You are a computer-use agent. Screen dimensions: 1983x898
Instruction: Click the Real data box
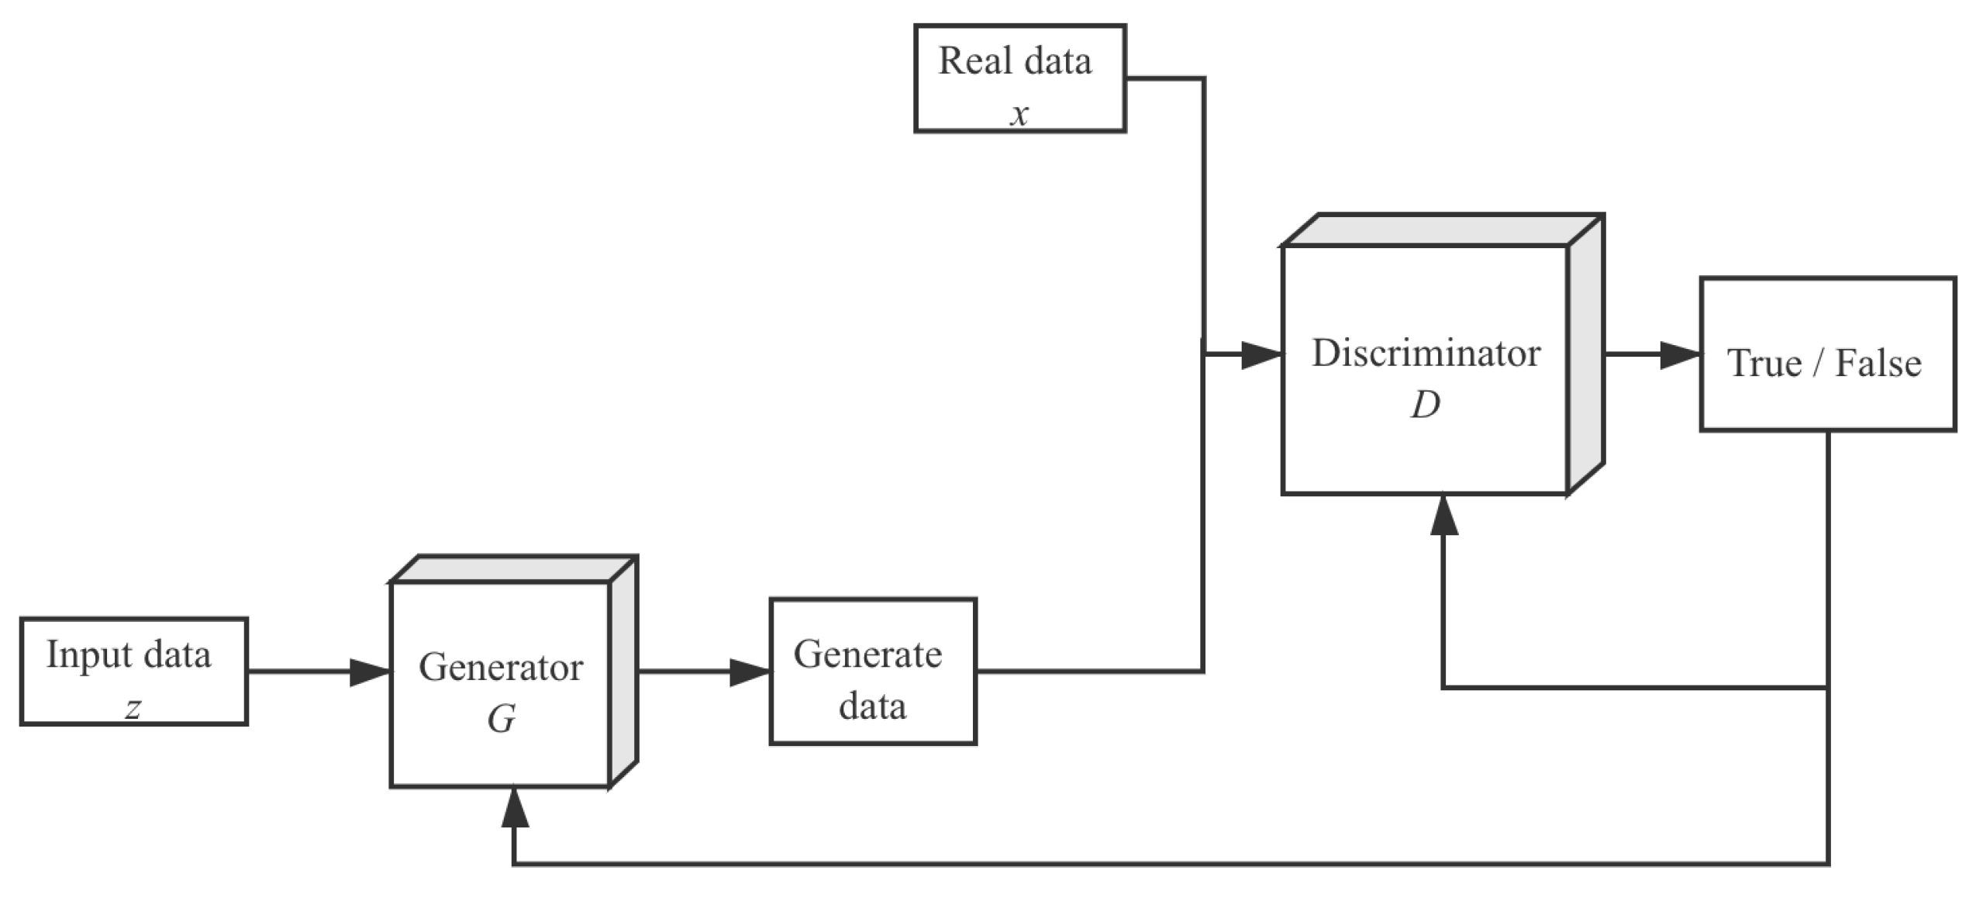pos(1019,78)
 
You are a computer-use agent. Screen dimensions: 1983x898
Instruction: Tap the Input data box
pos(133,672)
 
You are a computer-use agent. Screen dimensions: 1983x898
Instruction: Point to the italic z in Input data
pos(133,708)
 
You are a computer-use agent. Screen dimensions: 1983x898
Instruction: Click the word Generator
pos(501,667)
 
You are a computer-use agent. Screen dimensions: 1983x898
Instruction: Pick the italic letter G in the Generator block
pos(501,719)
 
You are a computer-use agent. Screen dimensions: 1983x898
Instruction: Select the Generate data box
pos(873,672)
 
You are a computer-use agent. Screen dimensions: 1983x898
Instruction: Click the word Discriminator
pos(1426,353)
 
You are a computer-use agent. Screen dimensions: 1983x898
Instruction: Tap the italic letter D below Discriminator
pos(1426,404)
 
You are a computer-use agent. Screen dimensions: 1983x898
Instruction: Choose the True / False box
pos(1827,354)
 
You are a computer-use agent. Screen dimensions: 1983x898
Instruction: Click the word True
pos(1764,363)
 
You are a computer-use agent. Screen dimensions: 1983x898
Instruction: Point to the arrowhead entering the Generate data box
pos(750,672)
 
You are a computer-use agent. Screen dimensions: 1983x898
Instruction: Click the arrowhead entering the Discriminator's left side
pos(1262,354)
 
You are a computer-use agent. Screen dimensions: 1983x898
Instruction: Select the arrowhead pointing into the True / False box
pos(1681,354)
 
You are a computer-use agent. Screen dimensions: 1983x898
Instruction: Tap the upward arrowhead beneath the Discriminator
pos(1443,515)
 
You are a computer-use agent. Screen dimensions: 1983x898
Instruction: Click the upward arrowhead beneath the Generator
pos(515,806)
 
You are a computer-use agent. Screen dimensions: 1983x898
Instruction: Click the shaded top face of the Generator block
pos(514,568)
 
